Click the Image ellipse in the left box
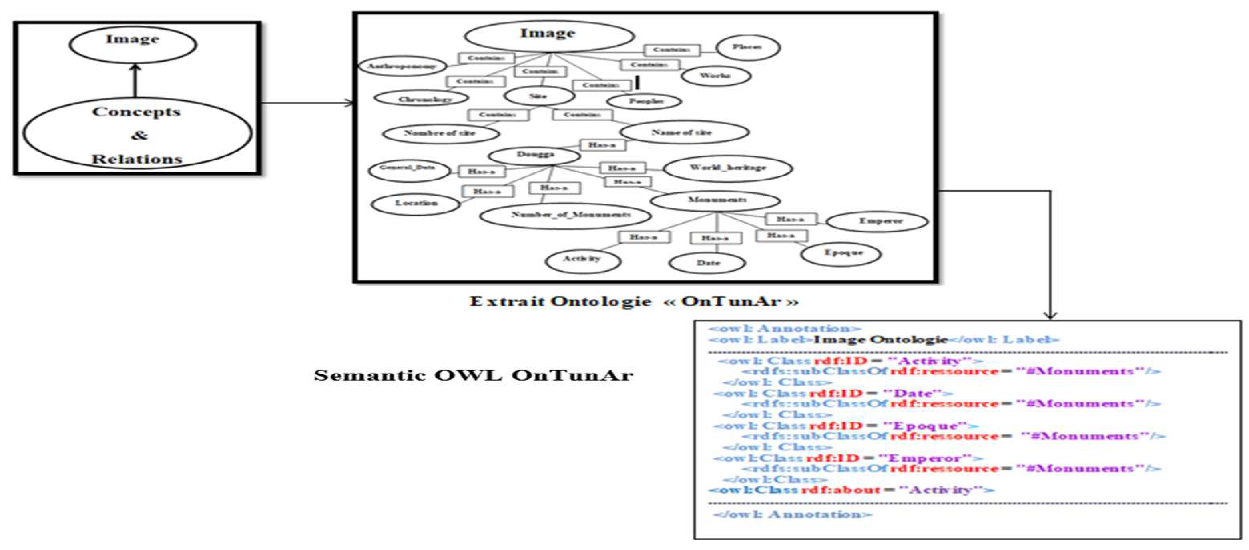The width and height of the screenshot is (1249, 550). point(133,44)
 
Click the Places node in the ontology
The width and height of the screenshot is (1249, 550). point(748,48)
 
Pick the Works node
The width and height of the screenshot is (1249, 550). point(716,76)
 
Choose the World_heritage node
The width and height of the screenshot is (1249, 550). point(727,168)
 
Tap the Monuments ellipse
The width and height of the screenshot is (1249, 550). point(716,200)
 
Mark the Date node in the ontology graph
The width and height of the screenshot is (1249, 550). point(707,263)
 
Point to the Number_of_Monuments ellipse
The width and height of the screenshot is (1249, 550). point(565,215)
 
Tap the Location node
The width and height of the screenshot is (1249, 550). point(416,204)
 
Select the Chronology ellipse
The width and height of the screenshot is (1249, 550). point(422,98)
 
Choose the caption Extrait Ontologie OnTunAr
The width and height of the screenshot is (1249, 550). point(633,302)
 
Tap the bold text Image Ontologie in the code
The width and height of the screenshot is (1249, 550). point(880,340)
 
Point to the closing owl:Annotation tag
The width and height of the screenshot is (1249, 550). point(792,514)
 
